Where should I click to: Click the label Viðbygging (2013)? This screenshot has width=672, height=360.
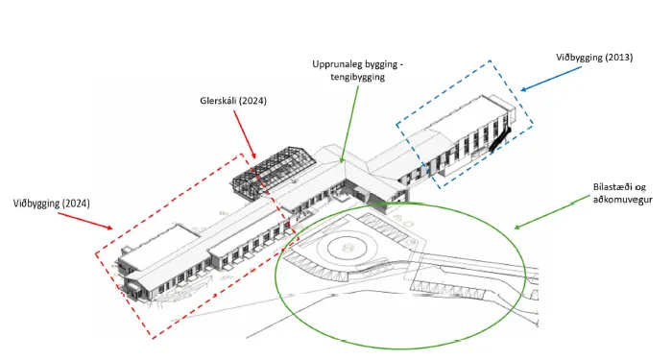click(x=594, y=58)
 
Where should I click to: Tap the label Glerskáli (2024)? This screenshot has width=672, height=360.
click(x=233, y=101)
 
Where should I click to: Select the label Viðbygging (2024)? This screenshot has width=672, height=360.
click(x=52, y=204)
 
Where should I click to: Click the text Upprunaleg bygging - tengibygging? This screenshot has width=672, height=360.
click(x=358, y=70)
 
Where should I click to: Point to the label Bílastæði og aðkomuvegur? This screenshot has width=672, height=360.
click(x=623, y=193)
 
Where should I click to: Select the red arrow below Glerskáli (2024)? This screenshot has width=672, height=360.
click(x=245, y=134)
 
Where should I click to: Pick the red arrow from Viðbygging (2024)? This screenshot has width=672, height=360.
click(x=85, y=221)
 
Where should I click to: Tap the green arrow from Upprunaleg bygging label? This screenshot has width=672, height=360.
click(x=349, y=124)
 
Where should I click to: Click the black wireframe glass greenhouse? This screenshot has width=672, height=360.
click(x=274, y=172)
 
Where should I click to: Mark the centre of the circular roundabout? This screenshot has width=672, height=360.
click(x=347, y=247)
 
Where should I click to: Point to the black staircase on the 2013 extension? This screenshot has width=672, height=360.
click(x=500, y=138)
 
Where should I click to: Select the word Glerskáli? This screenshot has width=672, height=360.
click(x=218, y=101)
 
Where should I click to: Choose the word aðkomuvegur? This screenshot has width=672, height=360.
click(x=623, y=200)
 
